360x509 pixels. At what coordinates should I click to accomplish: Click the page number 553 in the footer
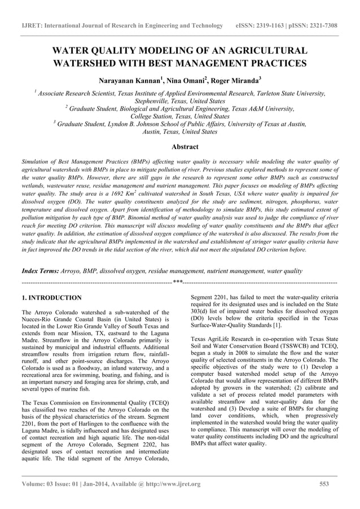click(x=324, y=484)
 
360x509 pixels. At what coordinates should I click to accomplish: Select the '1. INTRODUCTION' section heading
click(x=51, y=297)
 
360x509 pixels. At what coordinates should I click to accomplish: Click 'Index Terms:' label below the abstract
click(x=39, y=271)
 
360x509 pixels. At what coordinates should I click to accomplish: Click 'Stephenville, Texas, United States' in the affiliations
click(x=180, y=101)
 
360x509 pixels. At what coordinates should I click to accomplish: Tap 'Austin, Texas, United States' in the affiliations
click(x=180, y=131)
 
